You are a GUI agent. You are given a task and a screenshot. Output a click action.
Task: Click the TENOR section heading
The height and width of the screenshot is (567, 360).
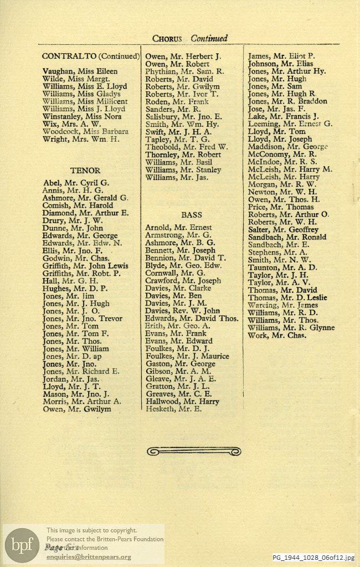click(85, 171)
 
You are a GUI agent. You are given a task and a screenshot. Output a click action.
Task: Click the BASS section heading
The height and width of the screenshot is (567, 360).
click(191, 214)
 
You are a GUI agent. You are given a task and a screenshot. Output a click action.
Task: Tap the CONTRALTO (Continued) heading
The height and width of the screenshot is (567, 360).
click(90, 56)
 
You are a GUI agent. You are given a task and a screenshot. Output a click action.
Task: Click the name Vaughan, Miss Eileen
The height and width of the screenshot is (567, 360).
click(80, 71)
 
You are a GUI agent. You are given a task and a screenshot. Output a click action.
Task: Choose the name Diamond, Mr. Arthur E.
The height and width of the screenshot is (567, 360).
click(85, 213)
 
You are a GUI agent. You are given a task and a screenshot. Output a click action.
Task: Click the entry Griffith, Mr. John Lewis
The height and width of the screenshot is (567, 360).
click(85, 266)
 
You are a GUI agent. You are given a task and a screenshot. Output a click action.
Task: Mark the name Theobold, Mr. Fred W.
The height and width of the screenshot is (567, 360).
click(186, 147)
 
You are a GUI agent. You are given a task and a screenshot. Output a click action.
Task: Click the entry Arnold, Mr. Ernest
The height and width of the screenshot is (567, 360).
click(178, 228)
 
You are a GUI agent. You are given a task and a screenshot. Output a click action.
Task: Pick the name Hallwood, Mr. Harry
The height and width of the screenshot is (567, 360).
click(182, 401)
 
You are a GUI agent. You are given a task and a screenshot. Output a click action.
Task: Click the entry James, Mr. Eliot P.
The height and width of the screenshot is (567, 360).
click(281, 56)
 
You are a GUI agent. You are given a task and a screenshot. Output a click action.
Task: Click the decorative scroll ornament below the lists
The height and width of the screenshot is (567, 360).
click(193, 452)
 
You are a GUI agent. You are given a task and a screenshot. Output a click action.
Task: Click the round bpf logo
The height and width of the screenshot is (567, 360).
click(23, 545)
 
